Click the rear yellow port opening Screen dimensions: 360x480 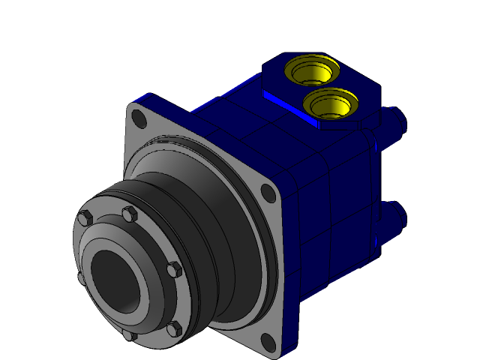click(x=310, y=72)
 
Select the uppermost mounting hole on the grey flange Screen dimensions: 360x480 click(x=138, y=118)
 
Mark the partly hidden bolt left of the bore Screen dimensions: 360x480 click(x=81, y=278)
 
